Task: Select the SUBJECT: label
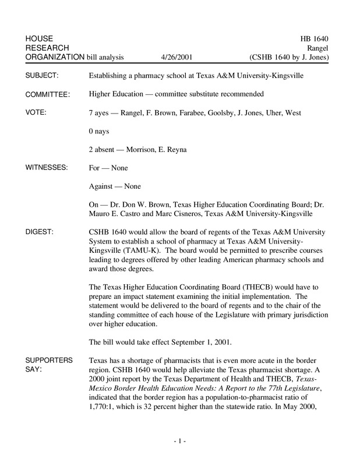pos(44,76)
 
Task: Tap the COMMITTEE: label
pos(48,94)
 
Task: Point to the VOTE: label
pos(37,112)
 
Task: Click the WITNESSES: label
pos(47,168)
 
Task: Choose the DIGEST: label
pos(40,232)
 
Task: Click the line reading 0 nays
pos(100,131)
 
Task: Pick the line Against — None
pos(114,186)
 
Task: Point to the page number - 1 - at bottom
pos(179,443)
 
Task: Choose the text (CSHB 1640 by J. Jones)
pos(289,58)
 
